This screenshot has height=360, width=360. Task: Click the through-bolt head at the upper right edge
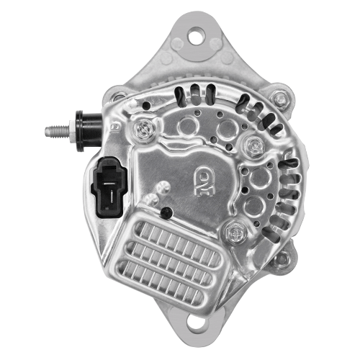click(x=281, y=96)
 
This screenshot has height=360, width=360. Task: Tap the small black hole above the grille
click(x=166, y=212)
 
